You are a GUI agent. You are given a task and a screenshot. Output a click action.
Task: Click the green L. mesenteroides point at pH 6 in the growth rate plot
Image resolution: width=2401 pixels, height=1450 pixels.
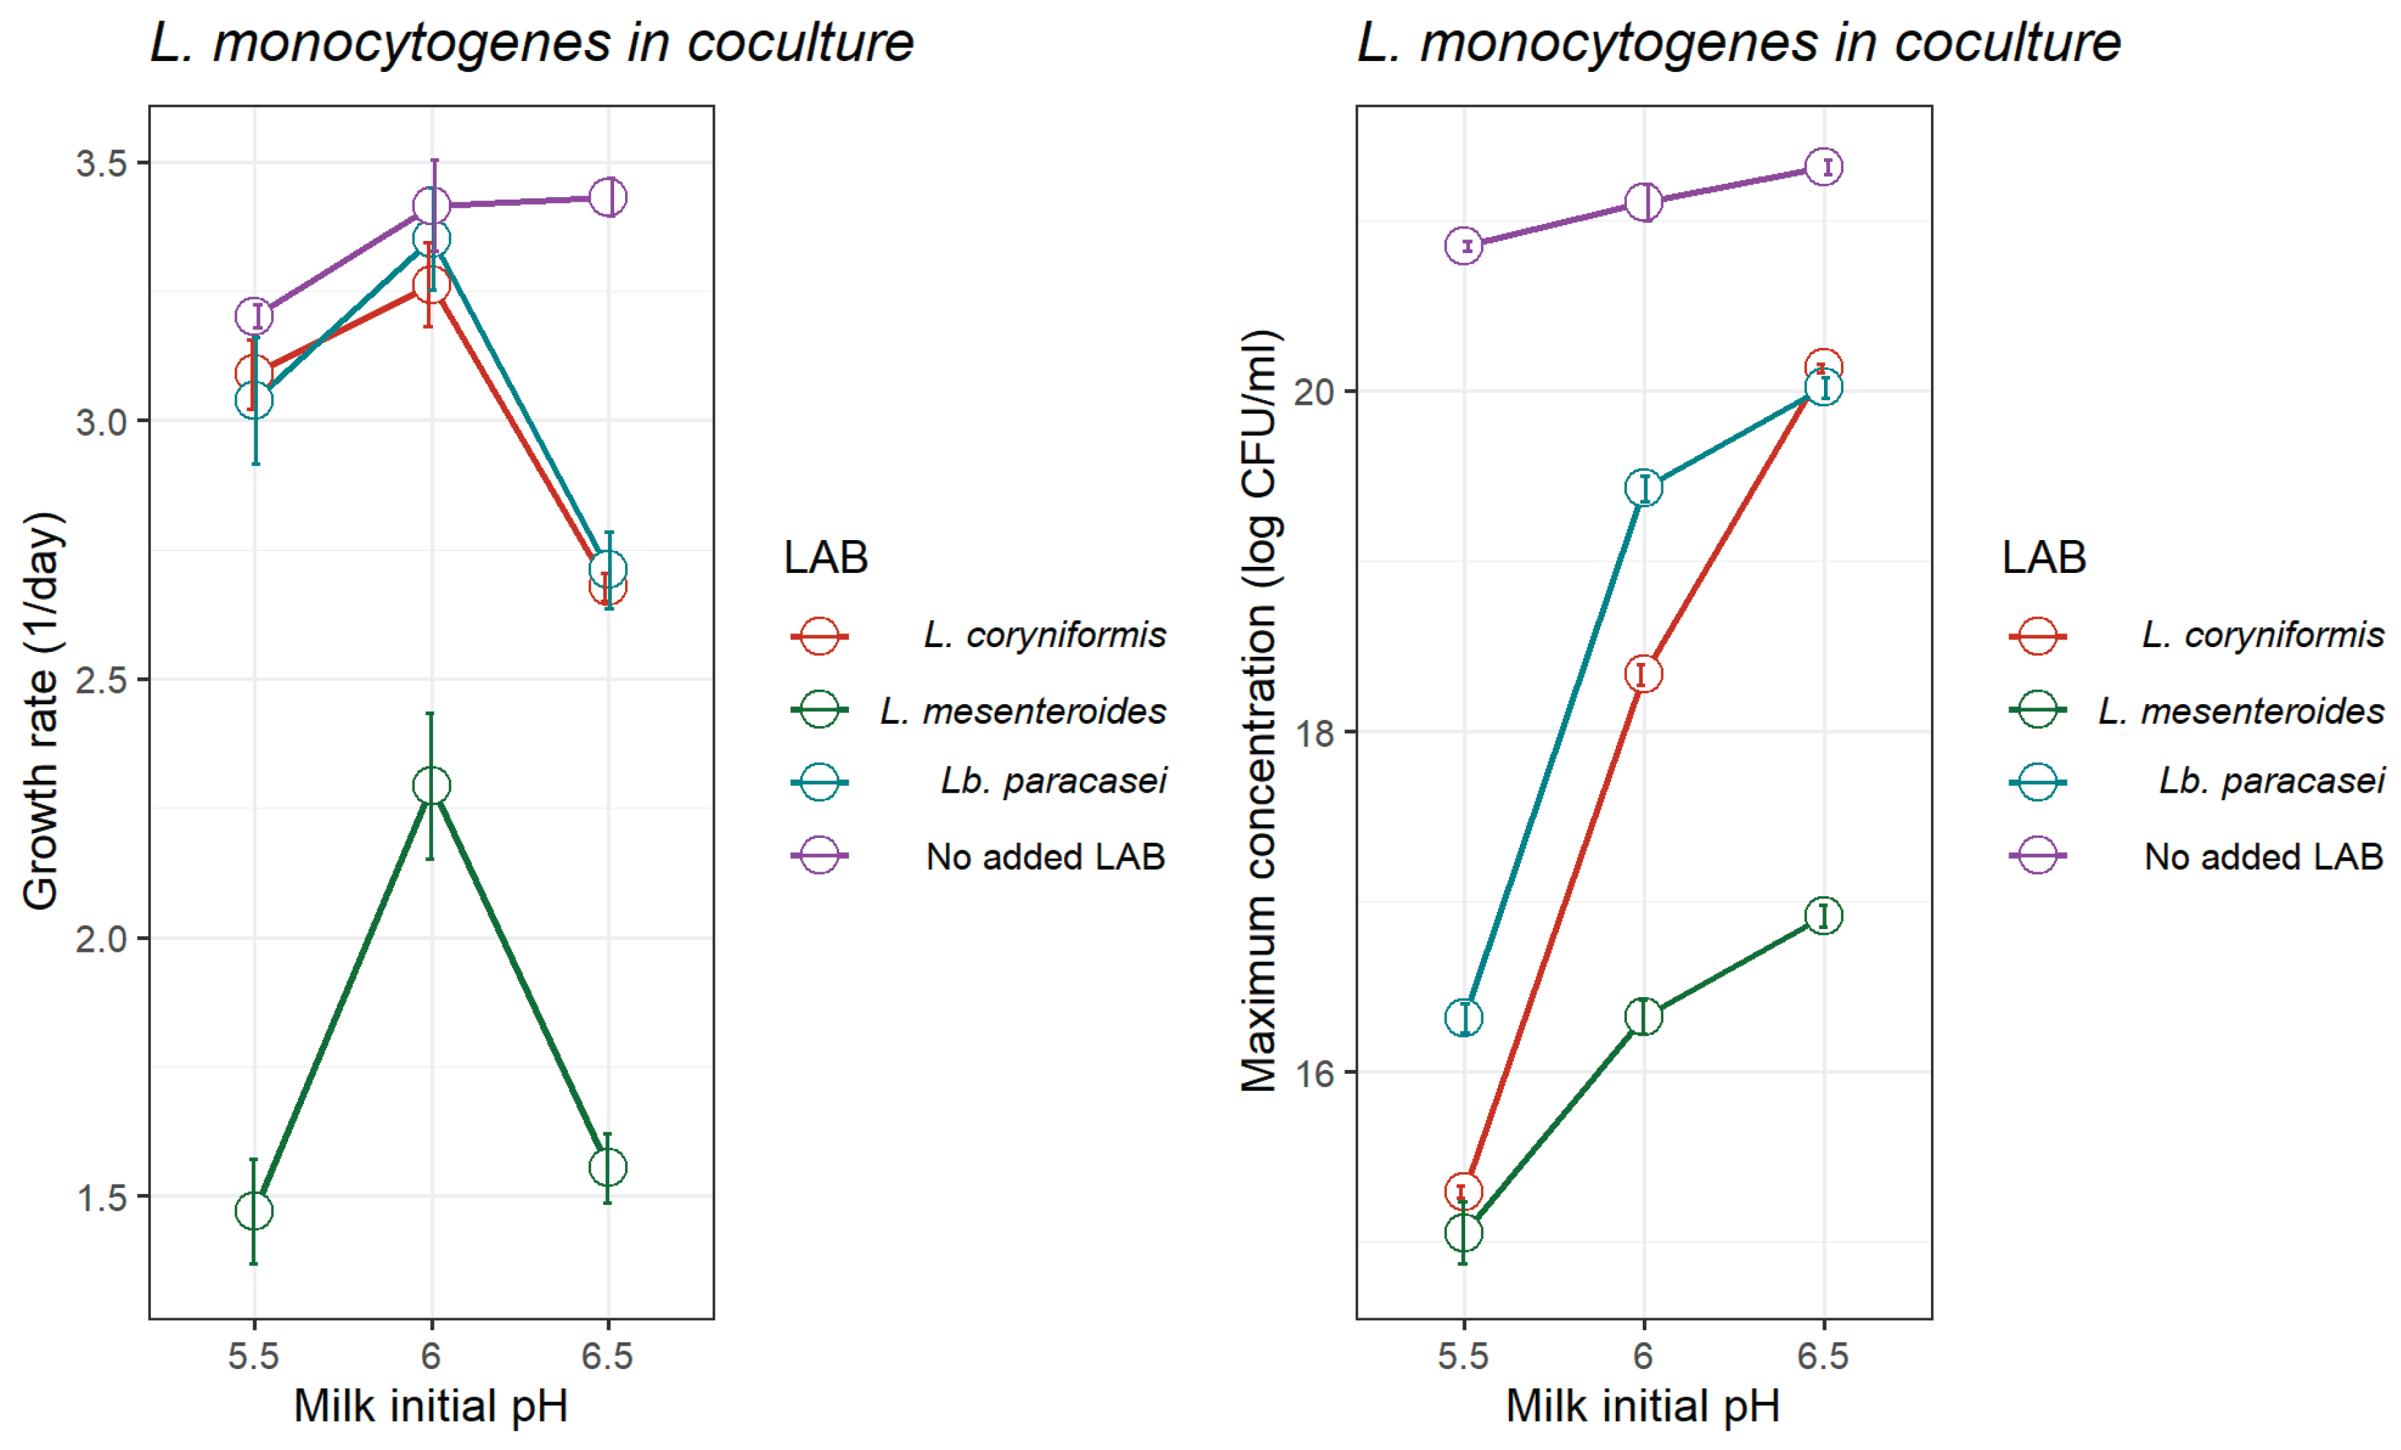[431, 786]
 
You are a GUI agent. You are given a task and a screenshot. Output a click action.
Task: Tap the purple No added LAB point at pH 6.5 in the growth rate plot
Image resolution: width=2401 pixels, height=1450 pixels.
[608, 197]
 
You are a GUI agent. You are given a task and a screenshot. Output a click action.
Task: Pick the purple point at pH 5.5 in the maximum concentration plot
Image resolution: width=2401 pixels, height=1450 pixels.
[1464, 246]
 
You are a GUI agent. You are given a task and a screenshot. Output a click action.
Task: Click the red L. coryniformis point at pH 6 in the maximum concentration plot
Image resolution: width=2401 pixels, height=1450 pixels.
[1643, 673]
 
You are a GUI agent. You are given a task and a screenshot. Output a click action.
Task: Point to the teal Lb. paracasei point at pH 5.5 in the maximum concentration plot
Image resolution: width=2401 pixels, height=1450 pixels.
[1464, 1018]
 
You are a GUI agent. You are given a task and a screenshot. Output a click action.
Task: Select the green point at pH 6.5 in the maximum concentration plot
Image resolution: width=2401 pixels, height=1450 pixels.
[1823, 915]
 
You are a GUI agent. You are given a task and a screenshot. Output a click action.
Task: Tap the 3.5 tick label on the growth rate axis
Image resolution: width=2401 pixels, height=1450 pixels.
[102, 163]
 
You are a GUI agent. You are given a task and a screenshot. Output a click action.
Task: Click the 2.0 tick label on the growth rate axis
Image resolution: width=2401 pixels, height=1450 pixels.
[102, 939]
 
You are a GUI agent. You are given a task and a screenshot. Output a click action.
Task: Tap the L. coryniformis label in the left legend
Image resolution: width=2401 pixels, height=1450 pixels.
[1044, 635]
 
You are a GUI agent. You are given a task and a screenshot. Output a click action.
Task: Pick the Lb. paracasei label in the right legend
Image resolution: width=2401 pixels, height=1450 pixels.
[2271, 780]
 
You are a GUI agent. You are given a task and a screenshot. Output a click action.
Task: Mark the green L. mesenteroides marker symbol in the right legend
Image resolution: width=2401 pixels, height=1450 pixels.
[2037, 710]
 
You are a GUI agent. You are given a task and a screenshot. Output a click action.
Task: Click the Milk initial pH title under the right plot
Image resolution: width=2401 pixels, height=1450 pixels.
[1643, 1406]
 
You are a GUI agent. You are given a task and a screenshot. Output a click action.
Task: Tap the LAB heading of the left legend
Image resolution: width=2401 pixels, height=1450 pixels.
[825, 557]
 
